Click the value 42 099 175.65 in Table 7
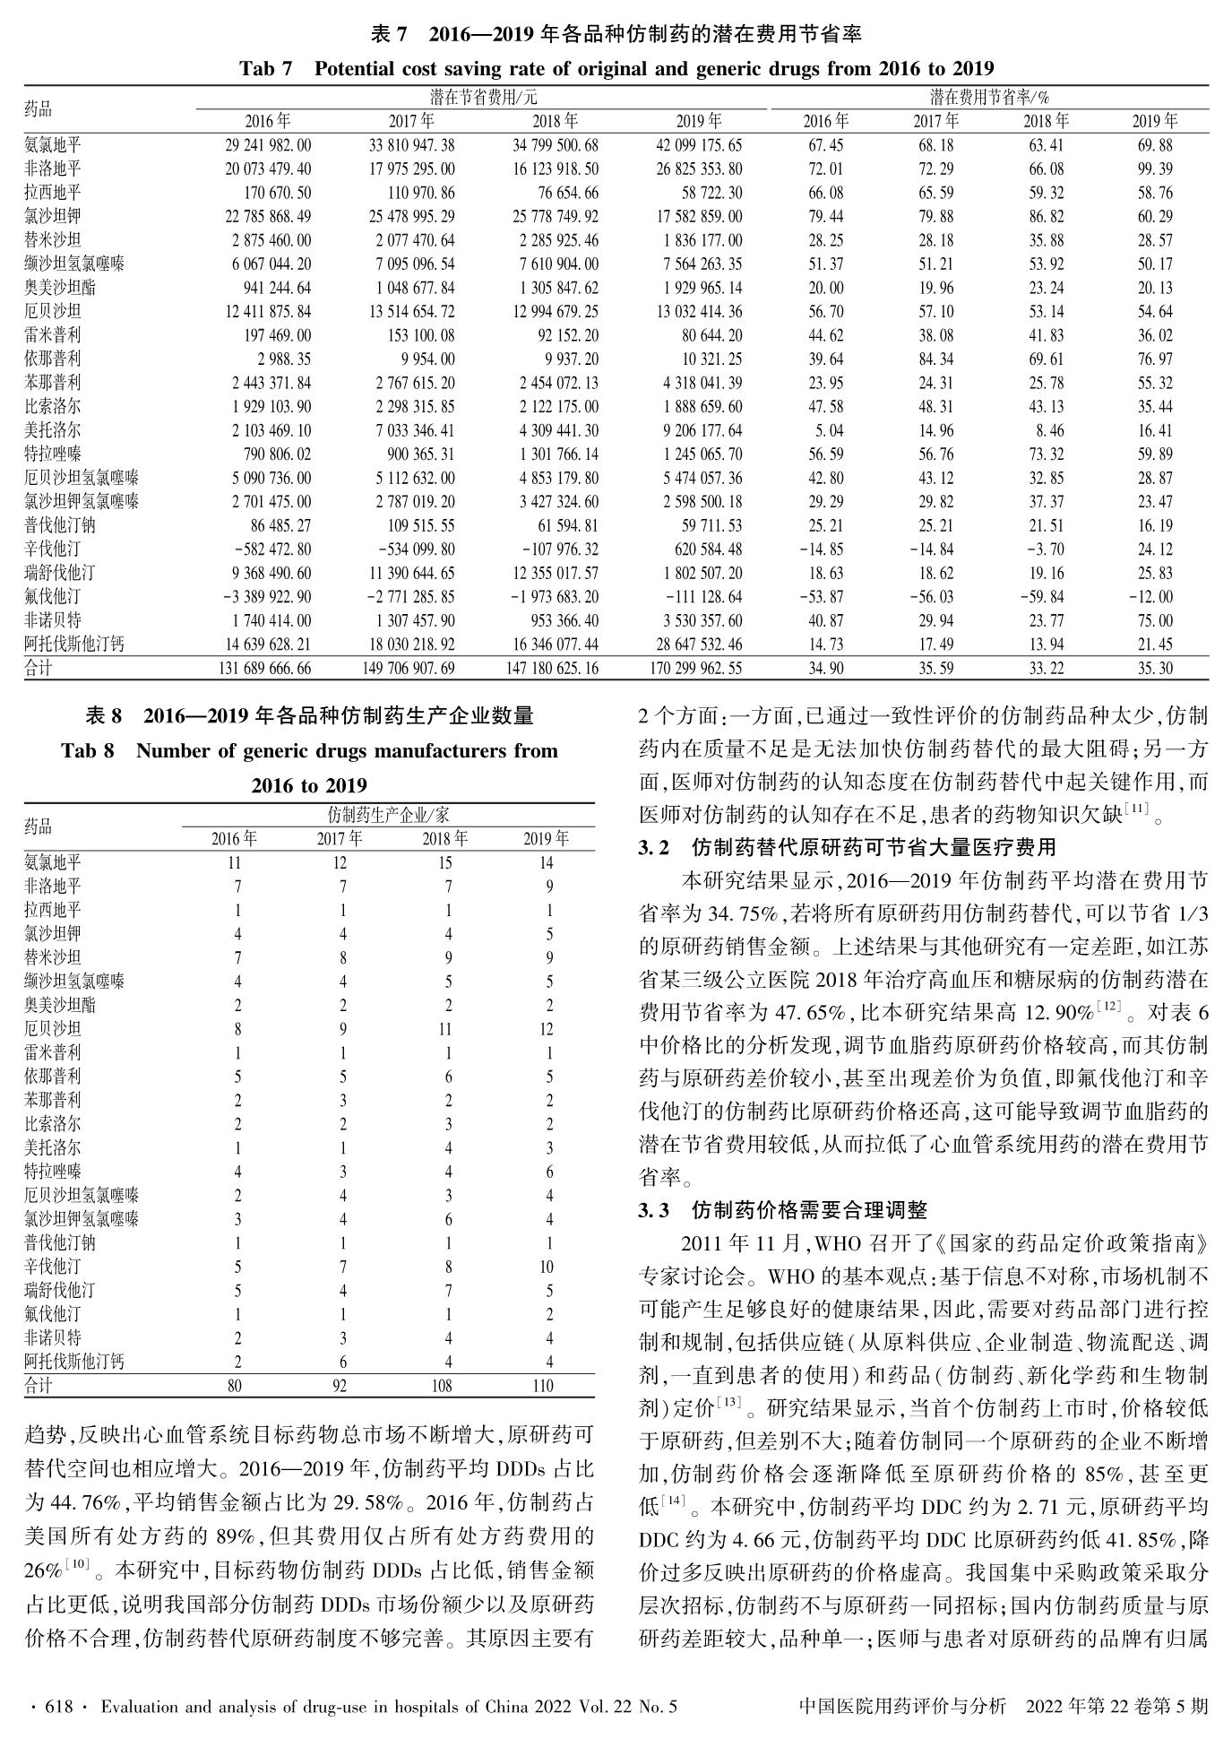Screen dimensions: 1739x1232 [698, 145]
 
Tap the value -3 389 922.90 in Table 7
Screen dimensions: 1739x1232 [266, 597]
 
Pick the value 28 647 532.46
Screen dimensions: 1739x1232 [698, 645]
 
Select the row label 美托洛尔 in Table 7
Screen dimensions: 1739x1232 [52, 430]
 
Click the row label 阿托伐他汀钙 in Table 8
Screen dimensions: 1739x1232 [74, 1362]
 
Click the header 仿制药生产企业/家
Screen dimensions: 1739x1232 [388, 815]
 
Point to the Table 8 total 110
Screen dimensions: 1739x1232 [544, 1386]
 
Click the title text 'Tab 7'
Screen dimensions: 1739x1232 [265, 69]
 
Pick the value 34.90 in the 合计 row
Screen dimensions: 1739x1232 [825, 668]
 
